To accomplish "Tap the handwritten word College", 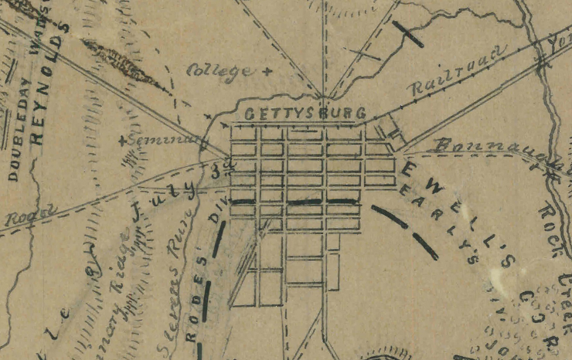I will click(220, 70).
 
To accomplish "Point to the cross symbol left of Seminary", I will click(122, 141).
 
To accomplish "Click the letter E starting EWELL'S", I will click(409, 168).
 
